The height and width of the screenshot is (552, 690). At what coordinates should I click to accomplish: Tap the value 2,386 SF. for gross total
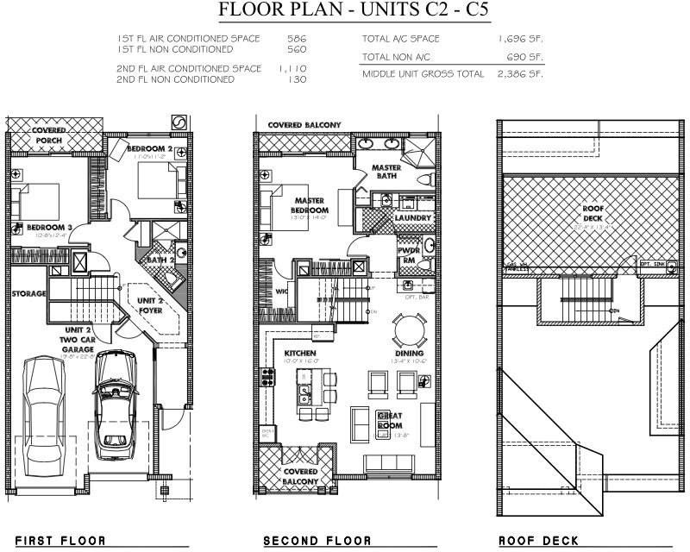point(520,74)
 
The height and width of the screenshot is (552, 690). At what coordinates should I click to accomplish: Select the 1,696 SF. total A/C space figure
point(520,39)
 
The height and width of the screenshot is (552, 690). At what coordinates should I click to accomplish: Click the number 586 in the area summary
point(297,39)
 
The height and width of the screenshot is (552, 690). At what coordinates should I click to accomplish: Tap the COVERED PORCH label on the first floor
point(49,135)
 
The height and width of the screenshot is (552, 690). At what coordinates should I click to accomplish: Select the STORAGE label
point(29,294)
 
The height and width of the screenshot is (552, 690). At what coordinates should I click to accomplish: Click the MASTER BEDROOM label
point(308,205)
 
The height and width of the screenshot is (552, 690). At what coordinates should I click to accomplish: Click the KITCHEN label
point(300,354)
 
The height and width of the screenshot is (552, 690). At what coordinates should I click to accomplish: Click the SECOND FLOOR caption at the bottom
point(318,542)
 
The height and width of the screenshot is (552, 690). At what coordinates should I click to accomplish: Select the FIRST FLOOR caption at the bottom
point(60,542)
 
